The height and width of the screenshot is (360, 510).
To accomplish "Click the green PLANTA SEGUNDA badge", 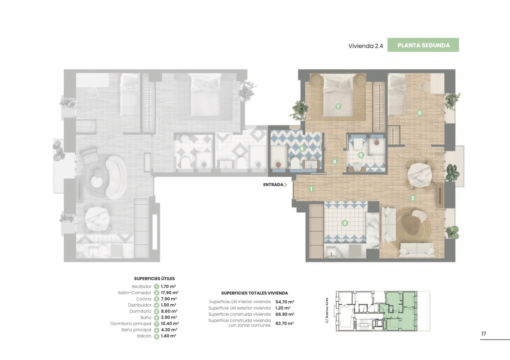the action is pos(423,45).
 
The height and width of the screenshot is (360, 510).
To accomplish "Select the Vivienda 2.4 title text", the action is pos(366,46).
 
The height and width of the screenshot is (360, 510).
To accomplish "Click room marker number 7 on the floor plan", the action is pos(338,107).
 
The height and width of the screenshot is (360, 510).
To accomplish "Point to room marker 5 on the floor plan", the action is pos(419,113).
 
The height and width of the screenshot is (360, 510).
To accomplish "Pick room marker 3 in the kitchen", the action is pos(345,223).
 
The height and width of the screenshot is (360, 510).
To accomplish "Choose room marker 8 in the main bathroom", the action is pos(302,148).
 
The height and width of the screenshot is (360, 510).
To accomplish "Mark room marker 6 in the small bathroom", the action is pos(361,155).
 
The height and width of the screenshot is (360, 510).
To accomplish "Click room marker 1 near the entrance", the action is pos(311,189).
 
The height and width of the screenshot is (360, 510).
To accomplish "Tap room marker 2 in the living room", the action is pos(413,198).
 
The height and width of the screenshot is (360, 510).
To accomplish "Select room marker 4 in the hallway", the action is pos(334,161).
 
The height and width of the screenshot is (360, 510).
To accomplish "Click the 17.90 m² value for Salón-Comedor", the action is pos(169,293).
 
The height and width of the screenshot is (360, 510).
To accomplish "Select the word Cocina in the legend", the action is pos(144,299).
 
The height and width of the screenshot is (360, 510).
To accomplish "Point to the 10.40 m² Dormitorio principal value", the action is pos(170,324).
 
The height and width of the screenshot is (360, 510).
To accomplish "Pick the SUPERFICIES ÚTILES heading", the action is pos(154,279).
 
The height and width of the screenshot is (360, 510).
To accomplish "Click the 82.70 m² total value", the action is pos(284,324).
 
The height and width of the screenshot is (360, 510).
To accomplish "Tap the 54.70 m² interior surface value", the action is pos(284,302).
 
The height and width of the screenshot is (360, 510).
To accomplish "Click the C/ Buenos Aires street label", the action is pos(327,311).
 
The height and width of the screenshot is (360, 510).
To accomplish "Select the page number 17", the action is pos(484,334).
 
